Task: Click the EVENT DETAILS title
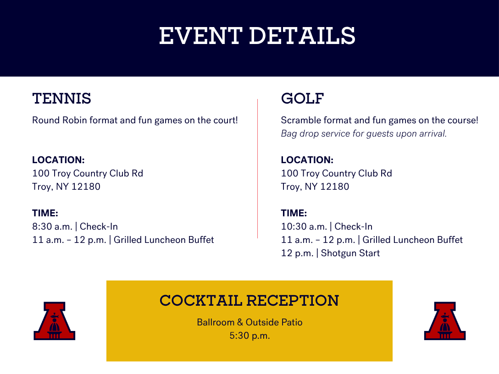[x=257, y=36]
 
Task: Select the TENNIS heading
[x=62, y=99]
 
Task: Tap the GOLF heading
[x=302, y=99]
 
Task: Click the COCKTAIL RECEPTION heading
[x=249, y=301]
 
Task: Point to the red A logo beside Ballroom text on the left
[x=55, y=321]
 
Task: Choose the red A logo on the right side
[x=445, y=321]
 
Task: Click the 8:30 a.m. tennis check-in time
[x=52, y=226]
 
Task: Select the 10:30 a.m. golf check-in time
[x=304, y=226]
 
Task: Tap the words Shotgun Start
[x=350, y=253]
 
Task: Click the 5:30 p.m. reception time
[x=249, y=335]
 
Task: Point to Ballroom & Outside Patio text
[x=249, y=322]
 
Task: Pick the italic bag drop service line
[x=364, y=133]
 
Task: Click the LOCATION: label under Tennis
[x=58, y=159]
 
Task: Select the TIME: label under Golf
[x=294, y=213]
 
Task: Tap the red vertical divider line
[x=257, y=169]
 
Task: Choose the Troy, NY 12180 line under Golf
[x=315, y=187]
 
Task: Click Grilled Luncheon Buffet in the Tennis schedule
[x=164, y=240]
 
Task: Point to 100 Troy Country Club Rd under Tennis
[x=88, y=173]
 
